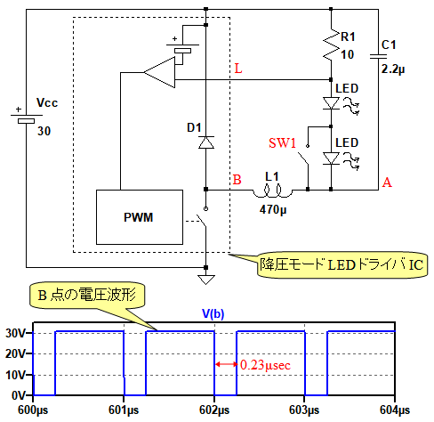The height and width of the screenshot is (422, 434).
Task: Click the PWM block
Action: [x=140, y=217]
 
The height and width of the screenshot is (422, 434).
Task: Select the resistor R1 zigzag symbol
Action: [x=331, y=45]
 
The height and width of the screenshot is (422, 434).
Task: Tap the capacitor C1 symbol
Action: [x=378, y=56]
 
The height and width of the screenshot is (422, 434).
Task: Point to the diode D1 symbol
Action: [x=206, y=142]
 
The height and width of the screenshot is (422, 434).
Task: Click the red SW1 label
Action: [x=282, y=143]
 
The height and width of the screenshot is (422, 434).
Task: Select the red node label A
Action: [x=387, y=183]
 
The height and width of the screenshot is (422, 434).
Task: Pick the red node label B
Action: [x=237, y=180]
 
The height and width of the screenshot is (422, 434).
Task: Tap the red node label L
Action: [x=238, y=69]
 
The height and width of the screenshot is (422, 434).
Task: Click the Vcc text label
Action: [x=47, y=103]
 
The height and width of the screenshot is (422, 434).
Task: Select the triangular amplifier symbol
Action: [x=159, y=72]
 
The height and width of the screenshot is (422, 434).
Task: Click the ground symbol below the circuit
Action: [x=206, y=280]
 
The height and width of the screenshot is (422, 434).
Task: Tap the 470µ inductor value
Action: [x=273, y=210]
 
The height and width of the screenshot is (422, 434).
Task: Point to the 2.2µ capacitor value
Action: [x=393, y=69]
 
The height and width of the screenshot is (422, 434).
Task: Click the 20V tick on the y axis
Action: [x=17, y=353]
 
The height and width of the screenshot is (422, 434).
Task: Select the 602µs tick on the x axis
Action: [x=214, y=410]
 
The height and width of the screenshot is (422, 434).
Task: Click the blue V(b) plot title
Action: [x=213, y=313]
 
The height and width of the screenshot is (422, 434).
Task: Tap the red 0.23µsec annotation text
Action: [x=265, y=365]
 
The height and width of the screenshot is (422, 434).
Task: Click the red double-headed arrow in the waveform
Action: [x=226, y=364]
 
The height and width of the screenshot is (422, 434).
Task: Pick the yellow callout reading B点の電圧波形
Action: [x=87, y=296]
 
